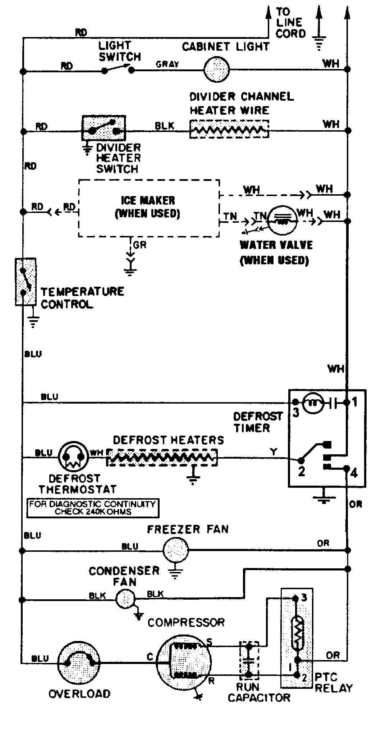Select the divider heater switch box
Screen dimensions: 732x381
(104, 128)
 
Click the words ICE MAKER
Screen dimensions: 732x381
(148, 200)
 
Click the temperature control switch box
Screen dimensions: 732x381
(25, 282)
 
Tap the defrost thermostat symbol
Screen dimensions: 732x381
(73, 456)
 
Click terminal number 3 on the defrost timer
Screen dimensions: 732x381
(295, 413)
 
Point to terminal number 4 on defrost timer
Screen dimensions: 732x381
(354, 473)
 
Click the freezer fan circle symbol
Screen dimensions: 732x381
(175, 550)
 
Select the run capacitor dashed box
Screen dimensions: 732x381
(249, 661)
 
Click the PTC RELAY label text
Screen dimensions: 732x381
(333, 683)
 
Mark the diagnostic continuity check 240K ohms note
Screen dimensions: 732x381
(93, 508)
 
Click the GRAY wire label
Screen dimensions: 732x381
(167, 64)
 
